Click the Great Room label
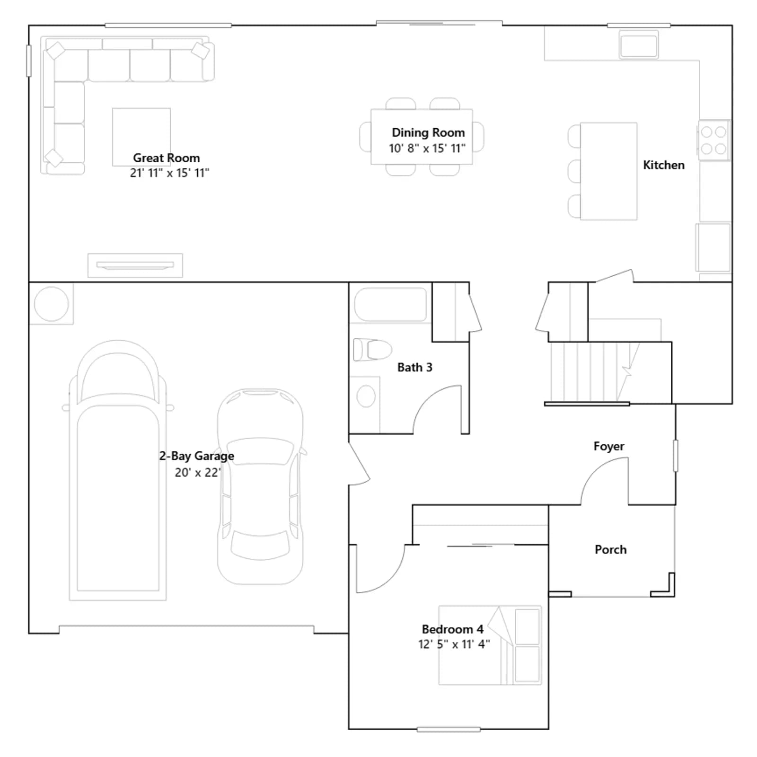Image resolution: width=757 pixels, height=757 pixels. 166,158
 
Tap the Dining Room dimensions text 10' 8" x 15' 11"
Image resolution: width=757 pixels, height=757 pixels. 427,149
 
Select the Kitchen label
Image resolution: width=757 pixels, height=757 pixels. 663,165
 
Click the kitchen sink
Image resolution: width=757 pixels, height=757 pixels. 639,45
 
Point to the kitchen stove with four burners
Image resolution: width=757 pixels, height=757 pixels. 713,140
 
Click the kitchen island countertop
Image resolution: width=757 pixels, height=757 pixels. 608,171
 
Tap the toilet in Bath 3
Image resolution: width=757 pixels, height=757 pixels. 372,350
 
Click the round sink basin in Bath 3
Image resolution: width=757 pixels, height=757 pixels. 366,396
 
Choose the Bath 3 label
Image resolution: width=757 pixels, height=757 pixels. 414,368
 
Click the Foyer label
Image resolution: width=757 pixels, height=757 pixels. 608,446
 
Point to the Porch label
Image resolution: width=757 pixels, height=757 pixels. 610,549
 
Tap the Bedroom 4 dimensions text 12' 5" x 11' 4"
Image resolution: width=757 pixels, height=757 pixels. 454,644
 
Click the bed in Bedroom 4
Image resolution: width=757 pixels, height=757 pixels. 490,645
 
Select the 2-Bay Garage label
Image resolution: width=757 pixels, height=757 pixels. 196,456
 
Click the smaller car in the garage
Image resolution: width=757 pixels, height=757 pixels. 260,486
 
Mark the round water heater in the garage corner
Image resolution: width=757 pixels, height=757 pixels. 52,304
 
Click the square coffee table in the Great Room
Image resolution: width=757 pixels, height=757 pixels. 141,137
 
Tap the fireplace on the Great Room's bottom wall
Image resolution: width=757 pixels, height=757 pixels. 135,265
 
